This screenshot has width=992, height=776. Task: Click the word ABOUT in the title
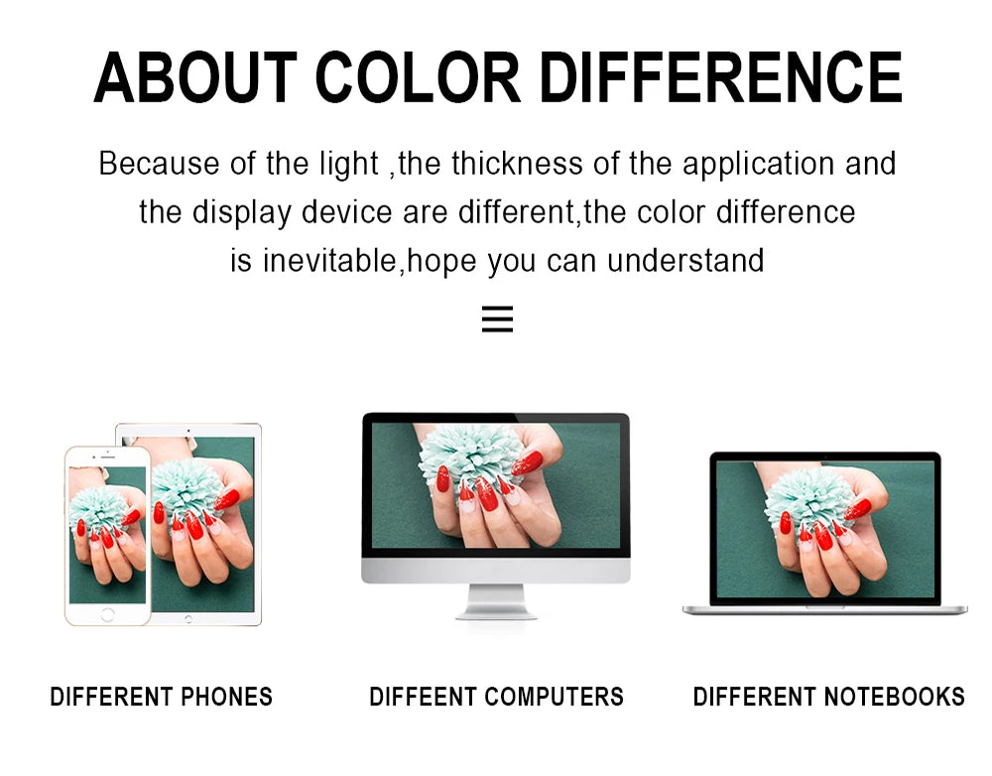[x=195, y=77]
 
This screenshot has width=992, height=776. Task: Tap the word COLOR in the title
[x=418, y=77]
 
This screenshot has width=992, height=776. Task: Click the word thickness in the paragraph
[x=517, y=164]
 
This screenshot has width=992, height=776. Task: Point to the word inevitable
[x=329, y=260]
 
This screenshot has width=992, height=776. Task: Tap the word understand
[x=685, y=260]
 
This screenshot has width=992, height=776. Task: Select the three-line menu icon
[x=497, y=319]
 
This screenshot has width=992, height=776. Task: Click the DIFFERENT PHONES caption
[x=162, y=697]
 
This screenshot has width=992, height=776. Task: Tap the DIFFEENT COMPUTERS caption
[x=497, y=697]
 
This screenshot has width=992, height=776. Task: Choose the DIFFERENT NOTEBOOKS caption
[x=828, y=697]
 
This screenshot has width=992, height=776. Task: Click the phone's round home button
[x=107, y=614]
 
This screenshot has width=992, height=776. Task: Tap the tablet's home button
[x=187, y=619]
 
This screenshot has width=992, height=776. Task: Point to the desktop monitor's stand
[x=496, y=602]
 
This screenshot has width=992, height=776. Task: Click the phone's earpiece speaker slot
[x=108, y=456]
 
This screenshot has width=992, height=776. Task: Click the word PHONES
[x=226, y=697]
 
